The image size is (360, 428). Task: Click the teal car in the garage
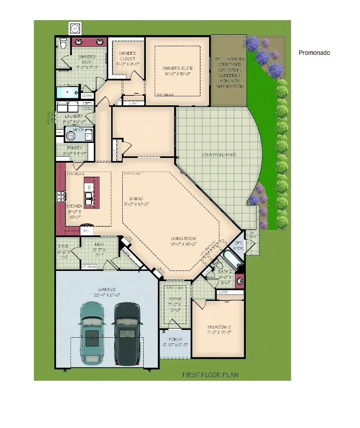click(x=92, y=334)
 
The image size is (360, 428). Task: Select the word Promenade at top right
click(x=314, y=53)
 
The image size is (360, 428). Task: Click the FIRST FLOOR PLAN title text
click(x=210, y=375)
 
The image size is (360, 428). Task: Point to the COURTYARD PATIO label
click(x=219, y=155)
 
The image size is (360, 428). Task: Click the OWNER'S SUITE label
click(x=177, y=71)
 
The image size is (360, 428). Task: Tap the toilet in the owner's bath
click(x=63, y=43)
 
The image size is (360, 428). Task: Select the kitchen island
click(x=91, y=193)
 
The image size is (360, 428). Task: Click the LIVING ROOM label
click(x=183, y=242)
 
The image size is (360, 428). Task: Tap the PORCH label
click(x=175, y=341)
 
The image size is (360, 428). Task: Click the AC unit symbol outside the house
click(x=76, y=28)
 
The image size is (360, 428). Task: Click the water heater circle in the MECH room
click(x=71, y=136)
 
